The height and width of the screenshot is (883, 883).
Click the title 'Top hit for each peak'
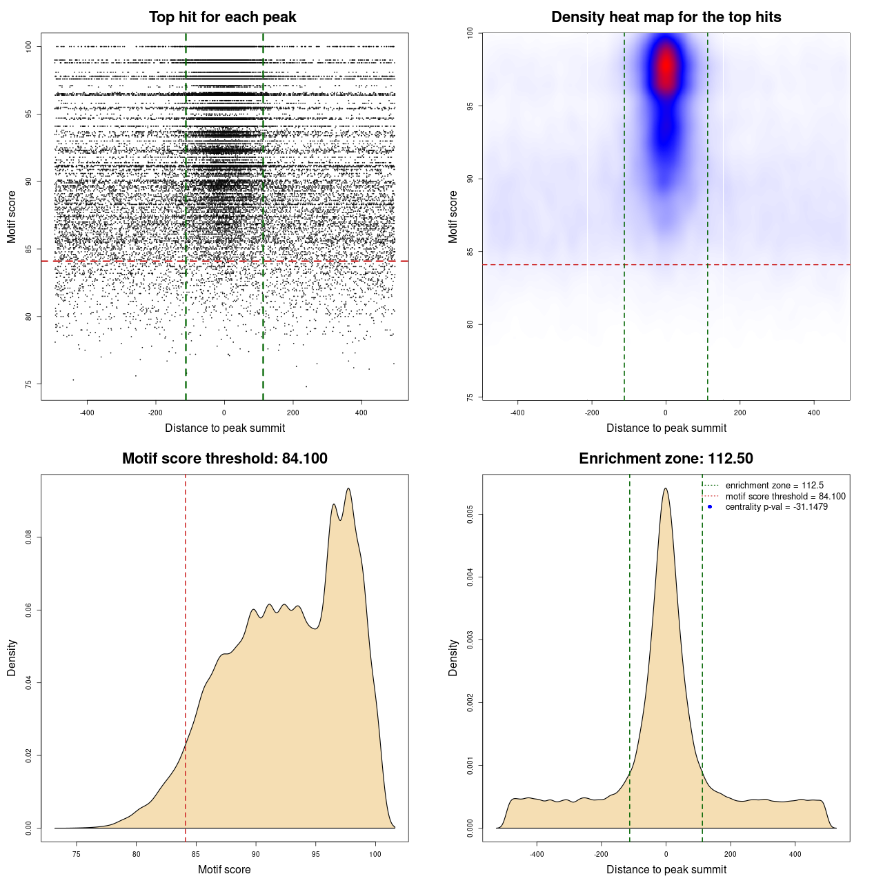click(222, 17)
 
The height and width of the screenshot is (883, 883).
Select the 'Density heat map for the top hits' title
click(666, 17)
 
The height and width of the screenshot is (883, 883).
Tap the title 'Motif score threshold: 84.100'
click(224, 459)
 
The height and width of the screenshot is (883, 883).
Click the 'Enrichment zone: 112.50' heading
click(666, 459)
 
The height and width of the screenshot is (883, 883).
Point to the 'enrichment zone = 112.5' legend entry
click(774, 486)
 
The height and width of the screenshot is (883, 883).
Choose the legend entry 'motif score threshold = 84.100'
click(785, 497)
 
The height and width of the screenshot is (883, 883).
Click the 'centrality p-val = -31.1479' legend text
click(776, 507)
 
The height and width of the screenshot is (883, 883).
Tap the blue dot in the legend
click(710, 507)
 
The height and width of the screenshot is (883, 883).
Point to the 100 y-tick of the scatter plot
click(29, 46)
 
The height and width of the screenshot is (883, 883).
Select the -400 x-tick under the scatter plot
click(87, 413)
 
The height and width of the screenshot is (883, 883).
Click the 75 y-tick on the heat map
click(470, 397)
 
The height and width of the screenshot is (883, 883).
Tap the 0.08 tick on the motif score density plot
click(29, 537)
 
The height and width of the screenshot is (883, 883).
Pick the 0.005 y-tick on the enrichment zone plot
click(470, 514)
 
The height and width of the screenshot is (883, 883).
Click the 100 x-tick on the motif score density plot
click(375, 854)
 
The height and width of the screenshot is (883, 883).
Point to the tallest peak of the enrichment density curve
click(666, 488)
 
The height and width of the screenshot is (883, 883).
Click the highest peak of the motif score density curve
click(348, 488)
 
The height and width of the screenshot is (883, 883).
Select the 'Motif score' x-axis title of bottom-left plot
click(224, 869)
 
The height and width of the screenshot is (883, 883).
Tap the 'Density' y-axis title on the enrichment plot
click(453, 657)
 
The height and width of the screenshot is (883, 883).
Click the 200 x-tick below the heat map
click(740, 413)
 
